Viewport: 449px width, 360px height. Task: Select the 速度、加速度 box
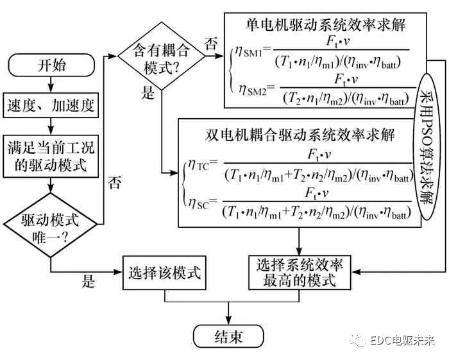tap(51, 105)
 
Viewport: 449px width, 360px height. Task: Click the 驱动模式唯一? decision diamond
tap(51, 227)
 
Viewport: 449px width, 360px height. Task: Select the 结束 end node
tap(229, 336)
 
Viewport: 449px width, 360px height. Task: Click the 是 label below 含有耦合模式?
tap(149, 95)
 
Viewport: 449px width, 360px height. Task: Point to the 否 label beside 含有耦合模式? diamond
tap(210, 44)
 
